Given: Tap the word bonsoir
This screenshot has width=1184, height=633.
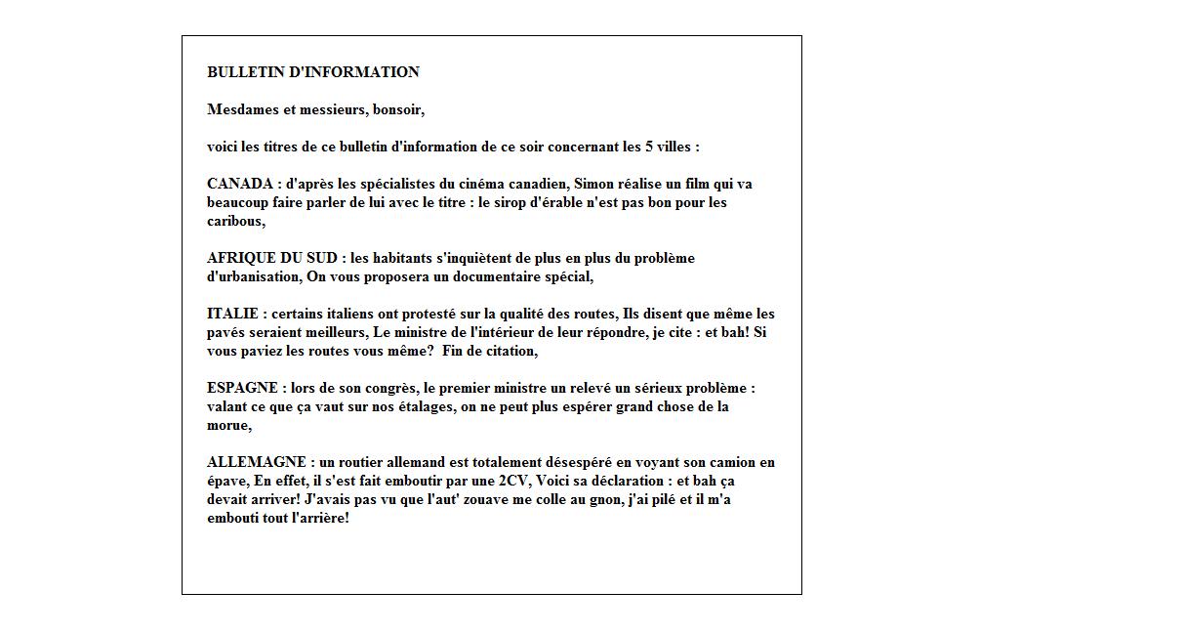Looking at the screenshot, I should point(397,109).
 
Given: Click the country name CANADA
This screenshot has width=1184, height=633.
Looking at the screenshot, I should point(240,184).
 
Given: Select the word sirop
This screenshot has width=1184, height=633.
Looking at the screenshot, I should point(498,202).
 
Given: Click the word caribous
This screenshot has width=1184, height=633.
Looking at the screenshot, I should point(234,221).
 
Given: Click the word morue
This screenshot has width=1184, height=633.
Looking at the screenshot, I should point(227,425).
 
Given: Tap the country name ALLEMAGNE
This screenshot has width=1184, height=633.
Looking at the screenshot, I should point(256,462).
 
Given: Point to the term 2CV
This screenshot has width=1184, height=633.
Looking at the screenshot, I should point(514,481).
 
